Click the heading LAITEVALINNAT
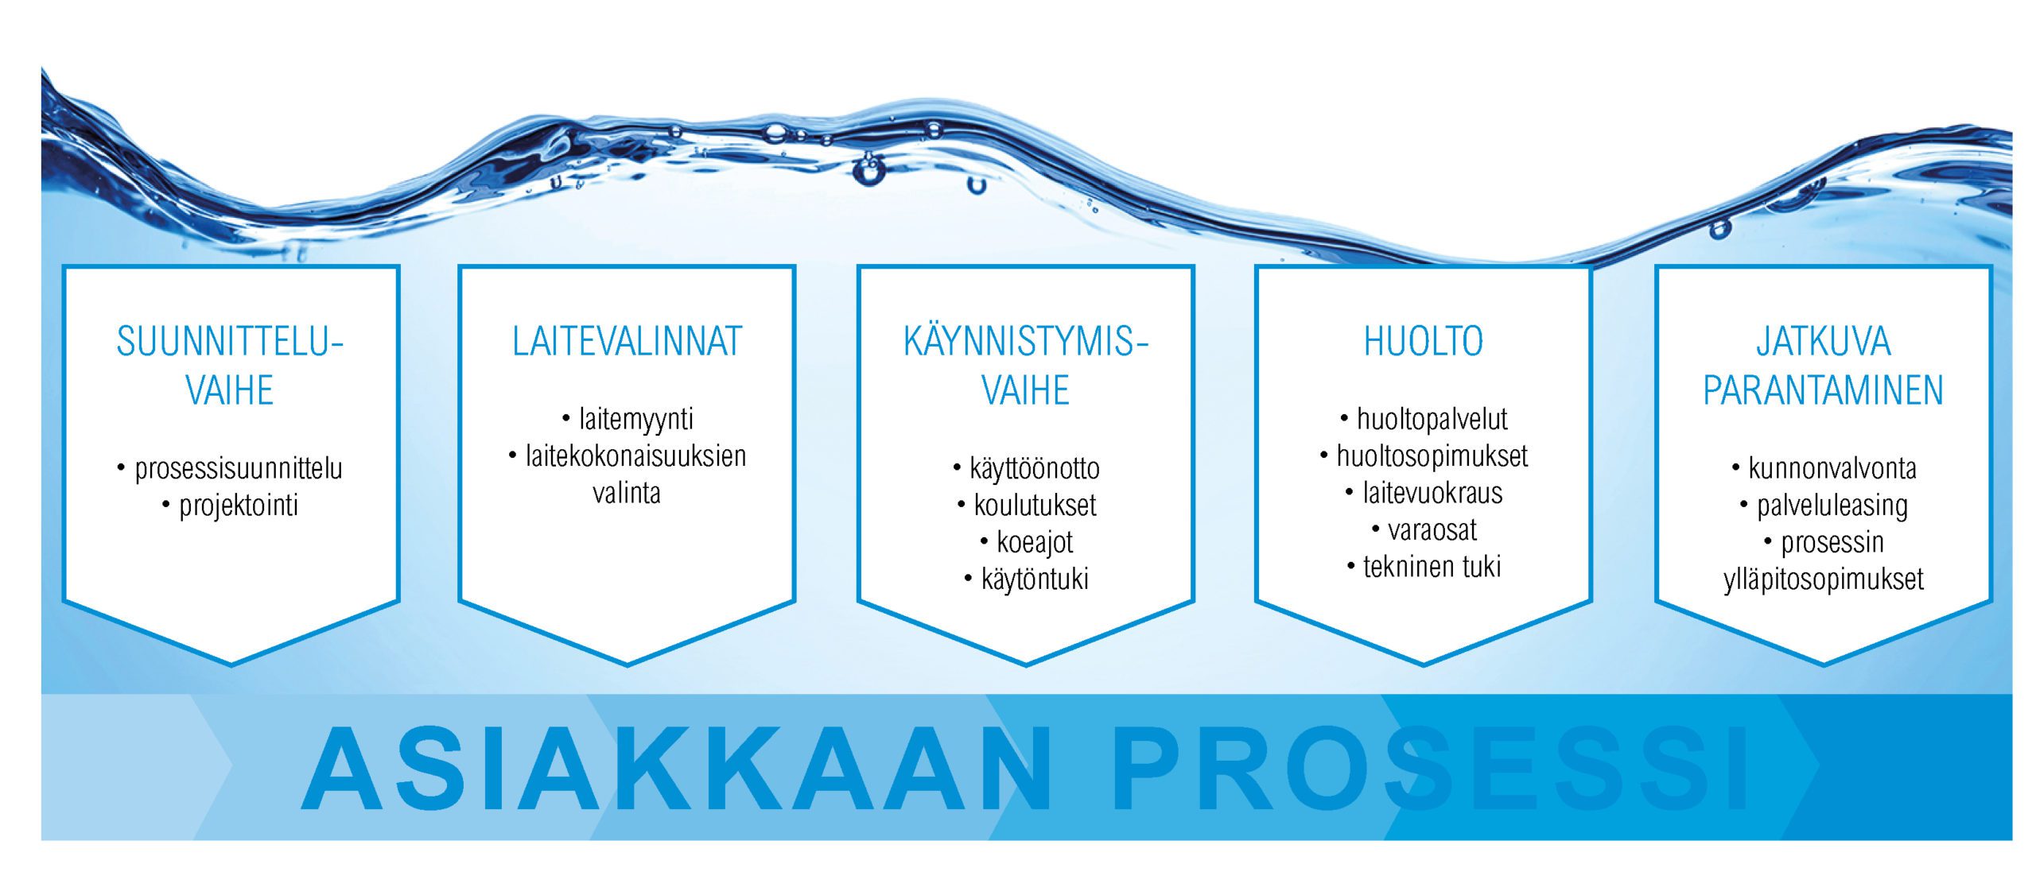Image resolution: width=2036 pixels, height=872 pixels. (627, 342)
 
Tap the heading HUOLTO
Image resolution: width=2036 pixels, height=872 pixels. (1424, 342)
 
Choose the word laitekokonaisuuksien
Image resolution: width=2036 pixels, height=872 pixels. (635, 455)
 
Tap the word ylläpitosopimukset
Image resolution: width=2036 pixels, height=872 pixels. (1824, 579)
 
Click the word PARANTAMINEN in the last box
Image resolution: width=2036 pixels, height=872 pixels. (1823, 390)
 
